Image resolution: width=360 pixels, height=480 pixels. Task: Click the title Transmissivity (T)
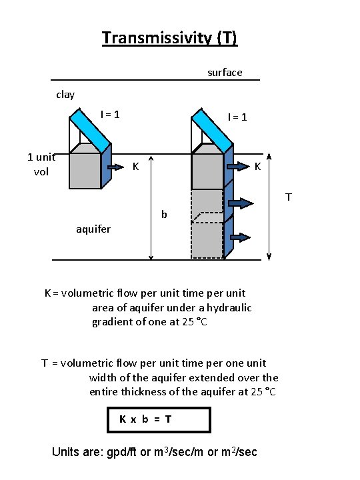click(169, 38)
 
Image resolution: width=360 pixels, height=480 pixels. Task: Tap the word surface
click(225, 73)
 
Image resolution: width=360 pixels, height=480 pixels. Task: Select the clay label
click(65, 95)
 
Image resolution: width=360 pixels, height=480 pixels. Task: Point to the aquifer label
click(93, 229)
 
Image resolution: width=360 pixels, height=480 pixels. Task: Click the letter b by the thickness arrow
click(164, 214)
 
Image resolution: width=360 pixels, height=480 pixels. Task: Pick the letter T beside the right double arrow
click(289, 197)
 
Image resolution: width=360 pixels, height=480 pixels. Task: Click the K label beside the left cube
click(135, 167)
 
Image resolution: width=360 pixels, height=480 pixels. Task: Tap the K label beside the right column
click(258, 167)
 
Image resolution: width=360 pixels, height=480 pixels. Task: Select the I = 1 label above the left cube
click(110, 115)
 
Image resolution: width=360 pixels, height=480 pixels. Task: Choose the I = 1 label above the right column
click(237, 117)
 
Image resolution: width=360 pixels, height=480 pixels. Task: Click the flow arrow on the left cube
click(116, 167)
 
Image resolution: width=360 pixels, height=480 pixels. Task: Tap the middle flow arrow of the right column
click(241, 203)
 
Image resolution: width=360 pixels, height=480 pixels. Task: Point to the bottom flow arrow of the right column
click(240, 237)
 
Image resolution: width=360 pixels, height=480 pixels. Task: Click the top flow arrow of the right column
click(238, 167)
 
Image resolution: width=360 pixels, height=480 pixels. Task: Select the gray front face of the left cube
click(85, 171)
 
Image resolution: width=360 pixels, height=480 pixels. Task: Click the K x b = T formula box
click(159, 420)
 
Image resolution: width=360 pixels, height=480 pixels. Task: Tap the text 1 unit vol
click(41, 165)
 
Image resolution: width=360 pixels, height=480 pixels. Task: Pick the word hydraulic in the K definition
click(229, 307)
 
